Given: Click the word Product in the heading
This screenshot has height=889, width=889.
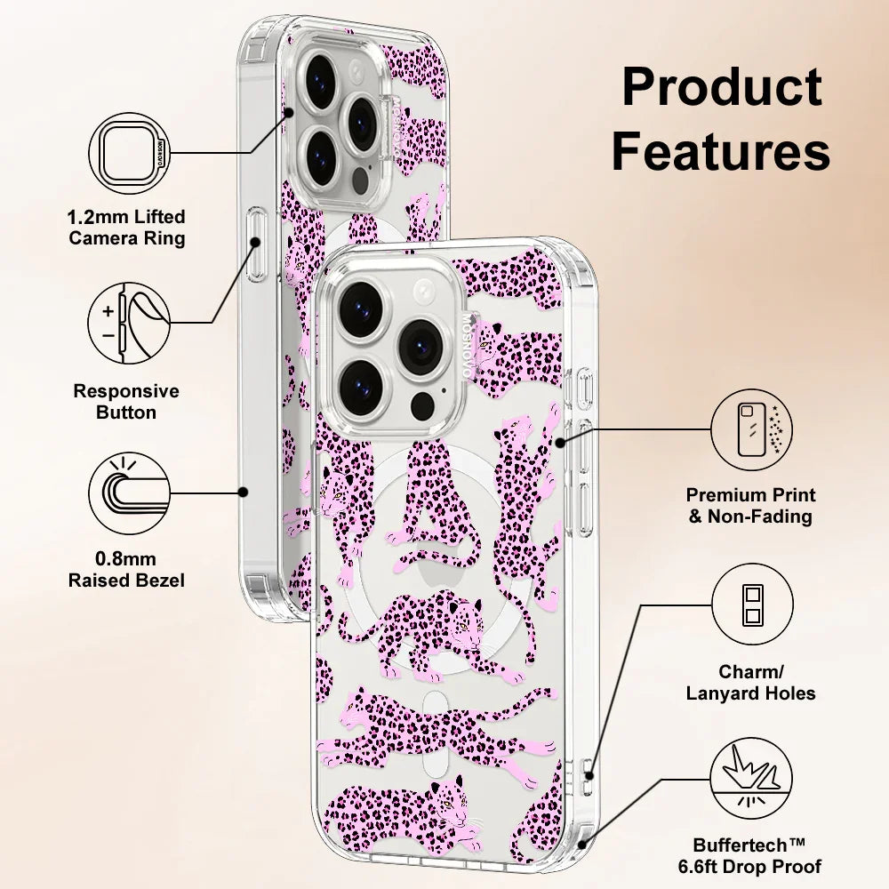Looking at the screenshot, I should click(721, 88).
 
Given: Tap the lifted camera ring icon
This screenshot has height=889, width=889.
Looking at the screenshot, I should click(130, 156).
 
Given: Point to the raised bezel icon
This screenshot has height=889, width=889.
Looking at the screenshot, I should click(130, 493).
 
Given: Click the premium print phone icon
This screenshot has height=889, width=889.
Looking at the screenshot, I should click(751, 429).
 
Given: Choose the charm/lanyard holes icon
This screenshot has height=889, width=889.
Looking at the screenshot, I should click(751, 607).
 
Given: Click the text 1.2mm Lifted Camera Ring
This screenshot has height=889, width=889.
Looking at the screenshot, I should click(128, 228).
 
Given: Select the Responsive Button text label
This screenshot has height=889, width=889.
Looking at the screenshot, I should click(126, 402).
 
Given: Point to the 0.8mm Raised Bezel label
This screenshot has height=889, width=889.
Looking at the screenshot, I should click(127, 570).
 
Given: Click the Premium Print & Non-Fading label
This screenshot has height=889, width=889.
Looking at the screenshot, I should click(751, 506).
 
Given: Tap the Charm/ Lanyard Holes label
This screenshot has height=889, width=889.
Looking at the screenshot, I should click(751, 683).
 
